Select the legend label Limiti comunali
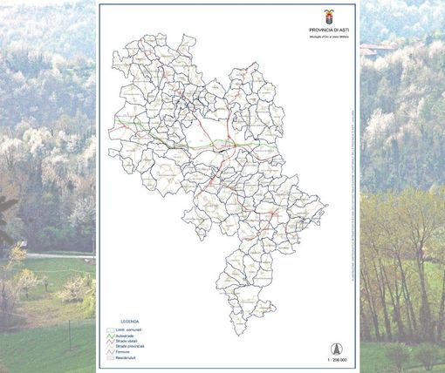click(131, 330)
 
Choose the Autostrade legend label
click(128, 336)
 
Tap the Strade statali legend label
click(129, 342)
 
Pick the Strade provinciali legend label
click(132, 347)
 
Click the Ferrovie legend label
click(127, 352)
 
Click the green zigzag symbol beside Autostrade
click(110, 336)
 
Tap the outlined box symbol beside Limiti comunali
click(110, 330)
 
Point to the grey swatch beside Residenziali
click(110, 357)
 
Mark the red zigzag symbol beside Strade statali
click(110, 342)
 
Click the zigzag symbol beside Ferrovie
click(110, 352)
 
